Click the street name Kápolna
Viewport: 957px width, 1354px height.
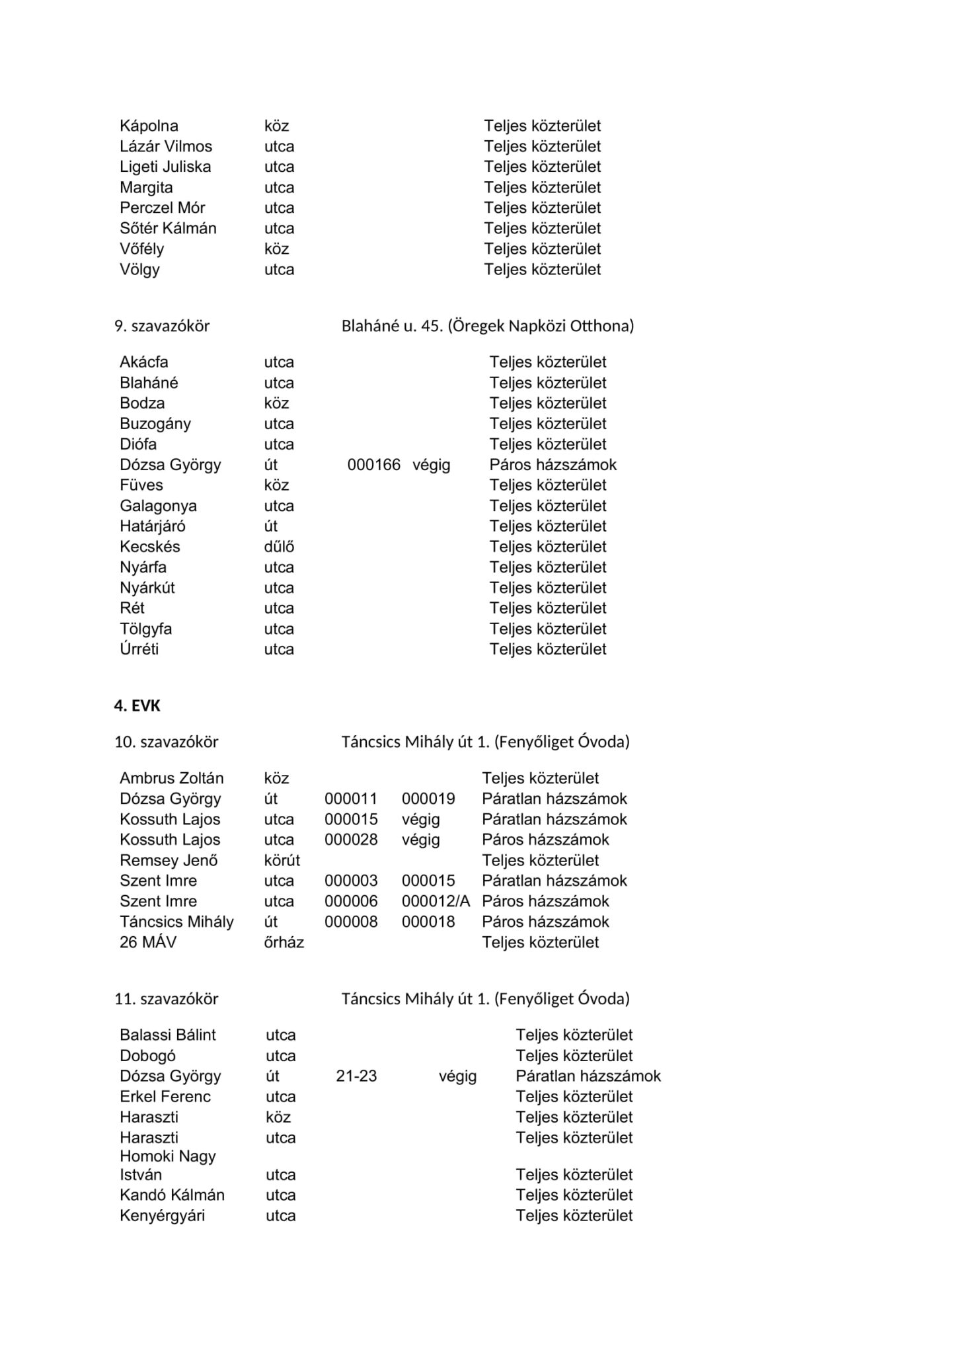[x=149, y=126]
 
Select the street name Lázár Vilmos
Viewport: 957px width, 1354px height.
[x=166, y=146]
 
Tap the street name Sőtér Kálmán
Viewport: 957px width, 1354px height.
[x=168, y=228]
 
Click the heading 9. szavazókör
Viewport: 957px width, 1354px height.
[x=162, y=325]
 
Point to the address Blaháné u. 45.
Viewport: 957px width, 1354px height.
[x=392, y=325]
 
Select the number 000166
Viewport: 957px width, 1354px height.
[x=374, y=465]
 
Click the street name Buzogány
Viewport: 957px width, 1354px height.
[x=155, y=424]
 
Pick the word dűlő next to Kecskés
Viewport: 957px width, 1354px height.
[x=279, y=547]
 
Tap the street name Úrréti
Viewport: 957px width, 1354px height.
[x=139, y=649]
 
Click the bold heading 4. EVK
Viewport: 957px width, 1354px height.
[x=137, y=705]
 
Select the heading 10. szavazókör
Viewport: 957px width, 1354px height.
[x=166, y=742]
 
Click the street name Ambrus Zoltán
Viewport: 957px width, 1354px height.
[x=172, y=778]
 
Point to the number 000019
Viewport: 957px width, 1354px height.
[x=428, y=799]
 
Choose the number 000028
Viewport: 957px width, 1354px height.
[x=351, y=840]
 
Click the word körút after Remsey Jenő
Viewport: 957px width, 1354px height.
[x=282, y=860]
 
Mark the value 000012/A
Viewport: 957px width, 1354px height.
[x=436, y=901]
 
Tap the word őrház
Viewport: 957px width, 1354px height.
[x=284, y=942]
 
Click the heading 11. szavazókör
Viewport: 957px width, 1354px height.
[x=166, y=998]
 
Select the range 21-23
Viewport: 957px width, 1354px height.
[x=356, y=1076]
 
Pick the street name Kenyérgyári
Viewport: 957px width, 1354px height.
[x=163, y=1215]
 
